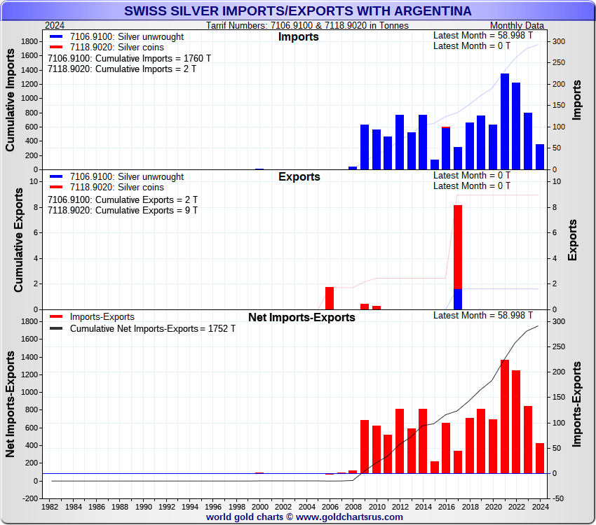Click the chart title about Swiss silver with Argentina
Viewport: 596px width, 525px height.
point(298,11)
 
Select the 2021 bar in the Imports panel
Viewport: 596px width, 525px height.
point(505,121)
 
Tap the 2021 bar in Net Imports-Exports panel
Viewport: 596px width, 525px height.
point(505,416)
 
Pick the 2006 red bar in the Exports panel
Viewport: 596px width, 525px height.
point(330,298)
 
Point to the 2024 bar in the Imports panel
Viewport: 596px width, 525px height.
point(540,157)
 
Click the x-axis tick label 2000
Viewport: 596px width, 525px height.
point(260,506)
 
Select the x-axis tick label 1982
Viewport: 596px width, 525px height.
point(50,506)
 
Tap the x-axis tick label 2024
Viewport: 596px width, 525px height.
point(540,506)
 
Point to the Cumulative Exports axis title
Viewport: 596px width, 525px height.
point(19,243)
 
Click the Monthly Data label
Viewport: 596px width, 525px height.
point(517,25)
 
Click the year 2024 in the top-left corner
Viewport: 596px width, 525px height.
point(55,25)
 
